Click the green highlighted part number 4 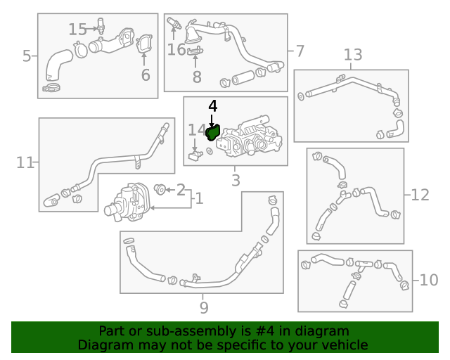pyautogui.click(x=213, y=133)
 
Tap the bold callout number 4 pyautogui.click(x=212, y=106)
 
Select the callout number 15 pyautogui.click(x=77, y=30)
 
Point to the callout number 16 pyautogui.click(x=176, y=49)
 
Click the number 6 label pyautogui.click(x=146, y=75)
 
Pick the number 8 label pyautogui.click(x=197, y=77)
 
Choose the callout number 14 pyautogui.click(x=197, y=130)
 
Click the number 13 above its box pyautogui.click(x=353, y=55)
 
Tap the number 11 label pyautogui.click(x=25, y=163)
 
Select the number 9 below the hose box pyautogui.click(x=204, y=308)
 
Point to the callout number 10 pyautogui.click(x=429, y=280)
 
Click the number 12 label pyautogui.click(x=420, y=195)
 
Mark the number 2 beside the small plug pyautogui.click(x=181, y=190)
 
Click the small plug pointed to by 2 pyautogui.click(x=160, y=189)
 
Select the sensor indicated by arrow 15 pyautogui.click(x=101, y=26)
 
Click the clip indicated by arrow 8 pyautogui.click(x=195, y=51)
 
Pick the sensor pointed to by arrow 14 pyautogui.click(x=195, y=155)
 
